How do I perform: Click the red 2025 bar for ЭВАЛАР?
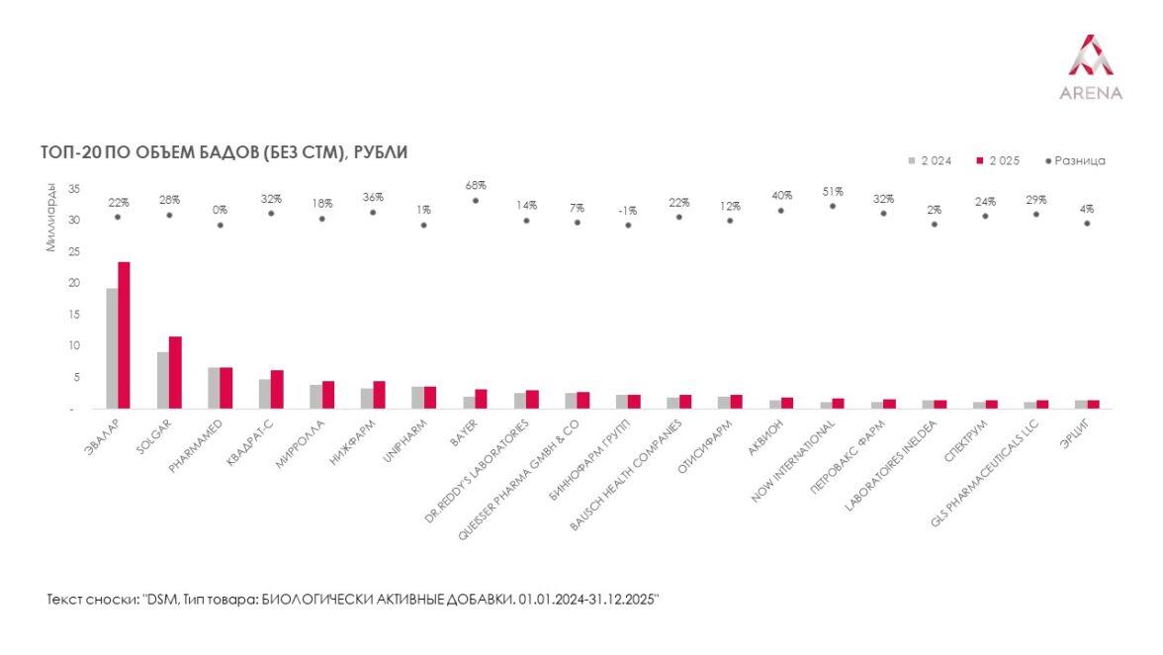(x=124, y=335)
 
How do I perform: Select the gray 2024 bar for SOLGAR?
(x=162, y=380)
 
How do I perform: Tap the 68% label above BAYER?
(x=475, y=185)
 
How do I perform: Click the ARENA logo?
(x=1091, y=67)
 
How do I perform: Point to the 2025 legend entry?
(x=999, y=160)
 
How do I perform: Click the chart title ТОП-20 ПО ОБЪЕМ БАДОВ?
(x=224, y=152)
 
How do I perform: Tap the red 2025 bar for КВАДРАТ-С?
(x=277, y=389)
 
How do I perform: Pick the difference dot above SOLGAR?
(x=169, y=215)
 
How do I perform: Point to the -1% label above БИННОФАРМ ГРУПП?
(x=628, y=210)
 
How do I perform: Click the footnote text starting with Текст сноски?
(x=352, y=601)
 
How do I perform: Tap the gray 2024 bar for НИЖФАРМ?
(x=367, y=398)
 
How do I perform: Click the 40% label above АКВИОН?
(x=780, y=195)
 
